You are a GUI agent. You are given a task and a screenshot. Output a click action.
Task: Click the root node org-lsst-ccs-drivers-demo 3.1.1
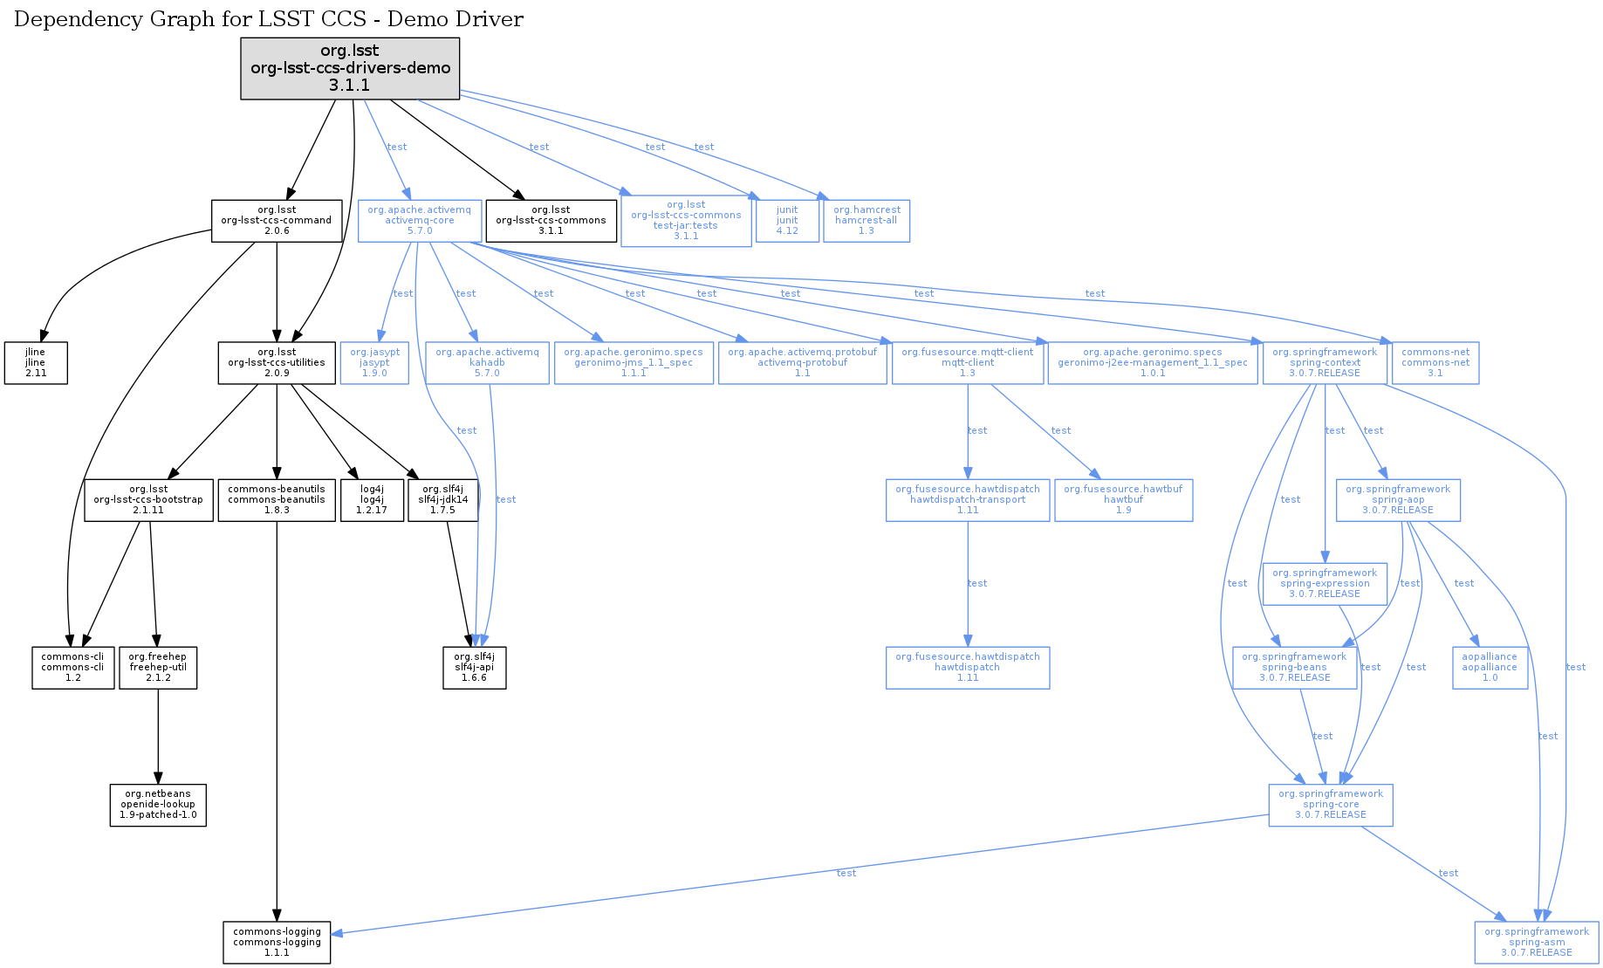(350, 68)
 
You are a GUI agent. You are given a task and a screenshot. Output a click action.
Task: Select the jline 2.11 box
(36, 362)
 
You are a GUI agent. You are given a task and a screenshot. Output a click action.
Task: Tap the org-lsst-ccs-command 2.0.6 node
(276, 220)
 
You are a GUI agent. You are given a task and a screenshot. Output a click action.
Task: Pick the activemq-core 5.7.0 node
(420, 220)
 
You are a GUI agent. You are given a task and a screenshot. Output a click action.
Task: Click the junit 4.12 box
(787, 220)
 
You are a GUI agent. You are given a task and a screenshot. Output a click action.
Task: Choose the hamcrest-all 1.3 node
(866, 220)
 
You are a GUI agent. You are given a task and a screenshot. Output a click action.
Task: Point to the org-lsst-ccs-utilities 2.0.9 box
(276, 362)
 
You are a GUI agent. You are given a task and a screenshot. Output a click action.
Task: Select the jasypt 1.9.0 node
(374, 362)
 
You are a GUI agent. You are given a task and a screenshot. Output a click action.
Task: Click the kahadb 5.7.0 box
(487, 362)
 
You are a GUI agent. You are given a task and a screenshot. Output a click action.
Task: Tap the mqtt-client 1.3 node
(967, 362)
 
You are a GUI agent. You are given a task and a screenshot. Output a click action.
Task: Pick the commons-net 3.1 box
(1435, 362)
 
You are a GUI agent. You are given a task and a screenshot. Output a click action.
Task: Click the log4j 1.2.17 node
(372, 499)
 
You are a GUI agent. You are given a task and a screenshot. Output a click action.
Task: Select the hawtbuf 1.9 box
(1123, 499)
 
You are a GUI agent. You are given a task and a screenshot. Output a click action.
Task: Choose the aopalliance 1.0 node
(1490, 667)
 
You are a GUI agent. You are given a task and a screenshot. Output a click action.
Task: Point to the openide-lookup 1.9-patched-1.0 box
(158, 804)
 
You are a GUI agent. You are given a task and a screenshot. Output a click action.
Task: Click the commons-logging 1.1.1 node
(277, 942)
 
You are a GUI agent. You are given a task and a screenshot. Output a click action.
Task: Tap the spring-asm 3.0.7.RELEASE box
(1537, 942)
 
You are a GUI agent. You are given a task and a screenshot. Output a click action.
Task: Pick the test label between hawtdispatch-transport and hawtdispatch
(977, 583)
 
